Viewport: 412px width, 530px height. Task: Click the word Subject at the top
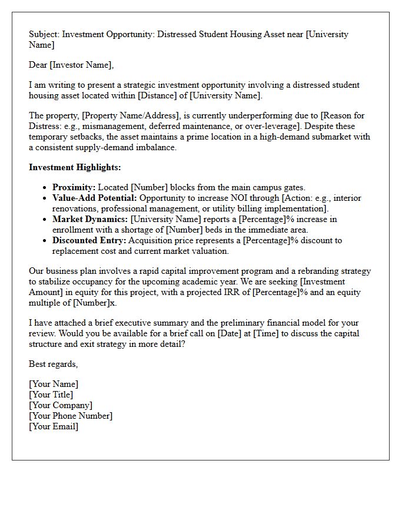tap(44, 34)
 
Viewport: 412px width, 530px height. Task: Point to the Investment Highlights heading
tap(75, 167)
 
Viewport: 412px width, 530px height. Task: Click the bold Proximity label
tap(74, 187)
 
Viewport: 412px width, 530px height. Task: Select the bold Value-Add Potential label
tap(94, 198)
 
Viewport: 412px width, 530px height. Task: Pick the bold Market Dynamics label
tap(89, 219)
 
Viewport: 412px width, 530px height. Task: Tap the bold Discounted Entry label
tap(88, 240)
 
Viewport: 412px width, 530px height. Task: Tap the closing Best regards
tap(53, 364)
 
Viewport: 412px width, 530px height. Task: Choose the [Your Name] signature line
tap(54, 384)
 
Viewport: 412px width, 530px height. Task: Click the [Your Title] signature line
tap(51, 395)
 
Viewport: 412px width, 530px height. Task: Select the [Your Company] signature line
tap(61, 405)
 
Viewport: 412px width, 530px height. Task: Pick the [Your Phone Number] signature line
tap(71, 416)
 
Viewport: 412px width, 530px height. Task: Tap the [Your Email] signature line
tap(54, 426)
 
